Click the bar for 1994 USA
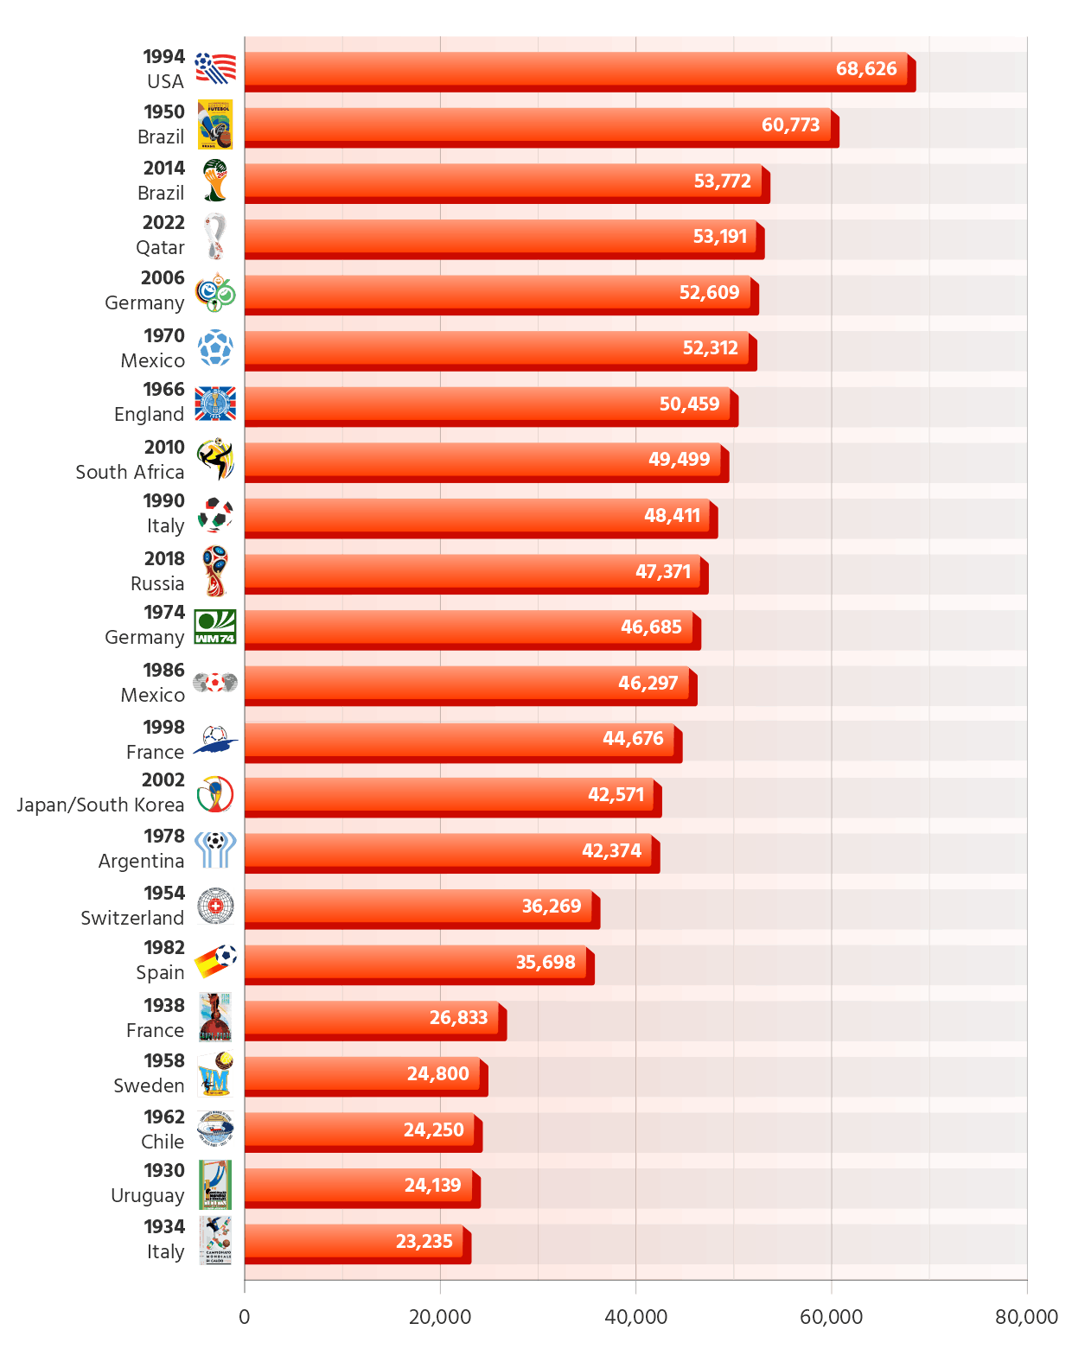[576, 69]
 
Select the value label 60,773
[790, 125]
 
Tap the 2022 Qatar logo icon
[215, 236]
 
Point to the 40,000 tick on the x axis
[635, 1317]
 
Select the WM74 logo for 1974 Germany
[215, 627]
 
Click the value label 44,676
[633, 739]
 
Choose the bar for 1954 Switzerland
[418, 906]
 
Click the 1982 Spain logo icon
[215, 961]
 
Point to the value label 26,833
[458, 1018]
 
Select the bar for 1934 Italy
[354, 1241]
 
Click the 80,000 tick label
[1026, 1317]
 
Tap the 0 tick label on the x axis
[245, 1317]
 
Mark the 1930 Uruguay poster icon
[215, 1185]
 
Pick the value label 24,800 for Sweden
[437, 1074]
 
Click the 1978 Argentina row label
[141, 849]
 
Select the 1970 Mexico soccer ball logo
[215, 347]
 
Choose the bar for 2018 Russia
[472, 571]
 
